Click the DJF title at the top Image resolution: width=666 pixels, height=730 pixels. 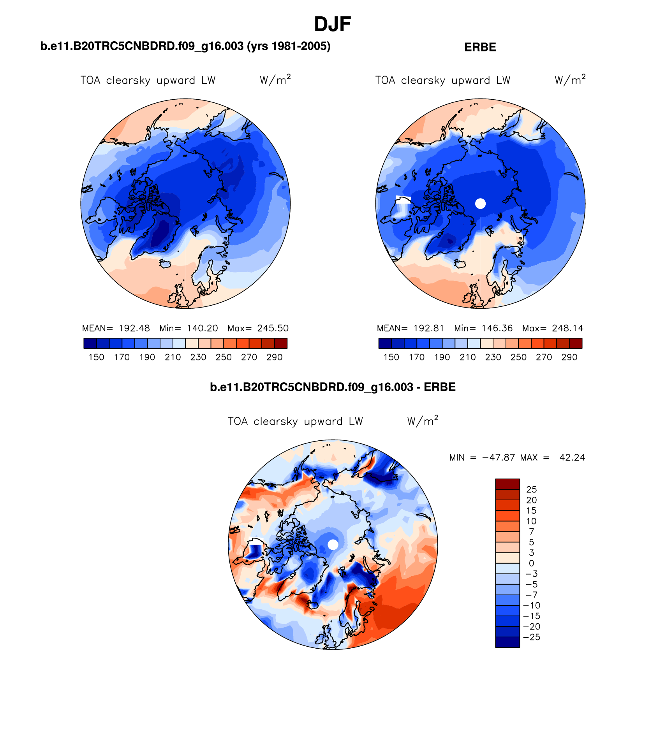332,25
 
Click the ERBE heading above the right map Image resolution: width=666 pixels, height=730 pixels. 480,47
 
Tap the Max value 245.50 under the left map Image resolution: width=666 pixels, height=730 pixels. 273,328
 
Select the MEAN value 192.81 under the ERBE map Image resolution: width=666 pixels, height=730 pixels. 428,328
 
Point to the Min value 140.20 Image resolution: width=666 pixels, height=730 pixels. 202,328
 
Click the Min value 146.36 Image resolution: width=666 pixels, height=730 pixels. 497,328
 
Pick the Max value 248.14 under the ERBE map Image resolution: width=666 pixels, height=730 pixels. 567,328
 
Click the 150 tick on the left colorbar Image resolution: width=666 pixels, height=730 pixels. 96,357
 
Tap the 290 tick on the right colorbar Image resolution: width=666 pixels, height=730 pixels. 569,357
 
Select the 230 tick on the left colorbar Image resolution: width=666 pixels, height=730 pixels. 198,357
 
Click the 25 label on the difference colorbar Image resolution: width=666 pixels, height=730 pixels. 531,490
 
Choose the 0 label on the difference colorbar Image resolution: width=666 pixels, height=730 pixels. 531,563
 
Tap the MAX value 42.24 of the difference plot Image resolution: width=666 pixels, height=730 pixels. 572,457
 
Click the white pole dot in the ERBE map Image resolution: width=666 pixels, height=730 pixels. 480,203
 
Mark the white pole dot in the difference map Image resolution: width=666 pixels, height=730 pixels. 333,545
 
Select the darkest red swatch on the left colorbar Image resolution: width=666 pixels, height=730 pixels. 281,343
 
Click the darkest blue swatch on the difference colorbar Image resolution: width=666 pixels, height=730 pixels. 507,642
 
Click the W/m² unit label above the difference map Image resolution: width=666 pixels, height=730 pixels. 423,421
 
